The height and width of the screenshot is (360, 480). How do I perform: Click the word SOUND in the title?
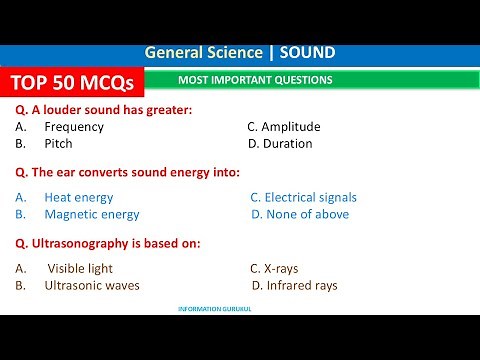click(x=307, y=52)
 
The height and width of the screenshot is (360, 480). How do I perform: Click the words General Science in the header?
click(x=204, y=52)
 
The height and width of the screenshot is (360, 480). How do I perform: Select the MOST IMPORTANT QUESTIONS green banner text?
click(x=255, y=80)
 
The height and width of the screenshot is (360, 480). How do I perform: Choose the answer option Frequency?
click(x=74, y=127)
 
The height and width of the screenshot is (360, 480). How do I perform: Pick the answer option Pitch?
click(x=58, y=144)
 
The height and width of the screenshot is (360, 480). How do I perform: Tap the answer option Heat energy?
click(x=78, y=198)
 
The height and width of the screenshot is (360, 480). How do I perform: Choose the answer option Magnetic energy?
click(x=91, y=214)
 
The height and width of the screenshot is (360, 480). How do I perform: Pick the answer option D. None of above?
click(x=299, y=214)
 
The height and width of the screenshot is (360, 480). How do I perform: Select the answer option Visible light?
click(x=80, y=269)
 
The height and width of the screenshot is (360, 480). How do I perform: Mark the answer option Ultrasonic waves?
click(x=92, y=286)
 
